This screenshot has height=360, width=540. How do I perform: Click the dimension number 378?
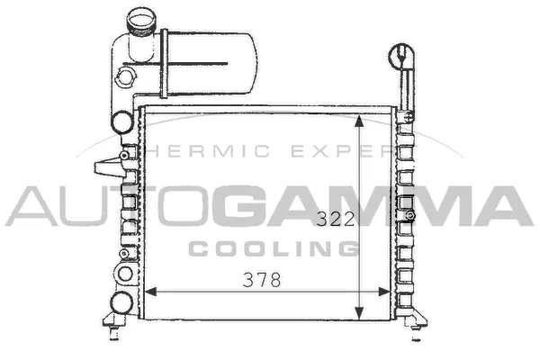coord(263,280)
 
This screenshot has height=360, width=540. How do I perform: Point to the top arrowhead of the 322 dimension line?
coord(360,120)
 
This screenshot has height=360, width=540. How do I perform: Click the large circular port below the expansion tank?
coord(121,121)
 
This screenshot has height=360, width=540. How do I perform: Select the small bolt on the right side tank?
coord(410,216)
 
